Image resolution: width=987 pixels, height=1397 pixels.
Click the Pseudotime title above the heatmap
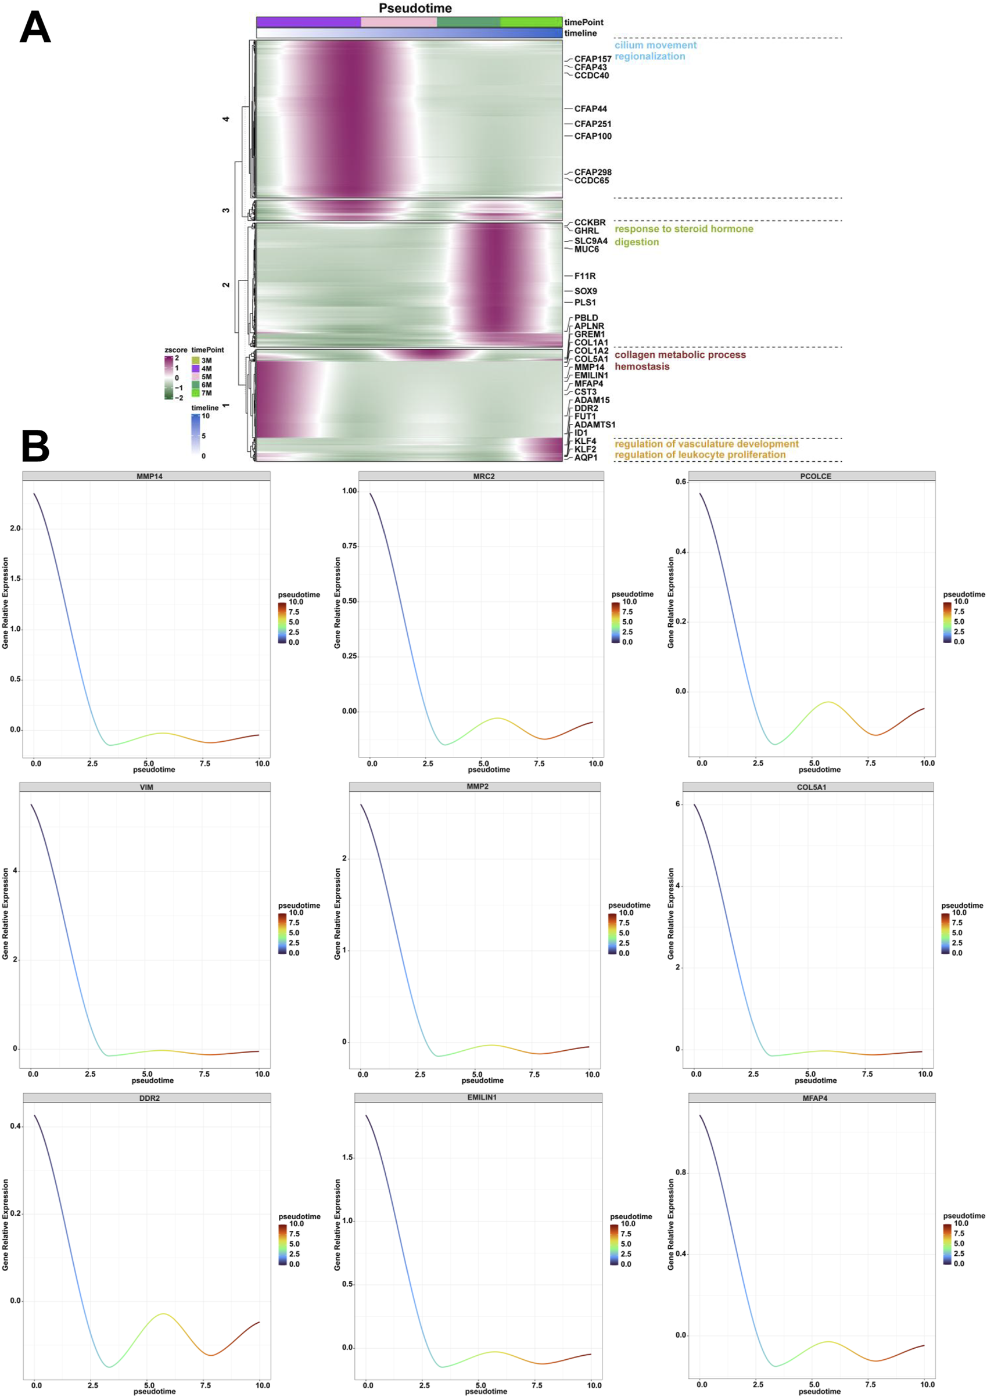tap(415, 8)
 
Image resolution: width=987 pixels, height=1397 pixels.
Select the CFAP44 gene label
tap(590, 109)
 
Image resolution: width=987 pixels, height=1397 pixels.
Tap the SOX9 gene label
tap(586, 291)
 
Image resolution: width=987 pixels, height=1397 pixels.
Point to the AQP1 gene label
tap(586, 457)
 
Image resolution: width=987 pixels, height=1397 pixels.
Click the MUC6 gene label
tap(586, 249)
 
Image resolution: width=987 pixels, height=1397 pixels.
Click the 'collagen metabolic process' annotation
tap(680, 355)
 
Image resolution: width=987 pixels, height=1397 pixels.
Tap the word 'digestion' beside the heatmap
tap(636, 242)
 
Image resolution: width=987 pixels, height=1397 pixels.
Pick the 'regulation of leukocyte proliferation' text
tap(700, 454)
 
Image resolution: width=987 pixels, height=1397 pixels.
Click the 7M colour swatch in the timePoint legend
tap(195, 393)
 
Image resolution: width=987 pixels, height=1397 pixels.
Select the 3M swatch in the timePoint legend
tap(195, 360)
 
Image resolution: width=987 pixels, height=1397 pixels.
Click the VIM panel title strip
tap(146, 787)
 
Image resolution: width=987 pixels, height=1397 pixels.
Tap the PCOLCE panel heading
tap(815, 476)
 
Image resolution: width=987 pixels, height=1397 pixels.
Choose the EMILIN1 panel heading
tap(482, 1098)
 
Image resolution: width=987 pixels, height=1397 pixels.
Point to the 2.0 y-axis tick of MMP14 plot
tap(15, 528)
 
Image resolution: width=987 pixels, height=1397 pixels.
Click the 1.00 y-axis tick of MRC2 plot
tap(349, 491)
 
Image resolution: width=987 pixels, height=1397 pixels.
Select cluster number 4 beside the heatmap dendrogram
tap(226, 119)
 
